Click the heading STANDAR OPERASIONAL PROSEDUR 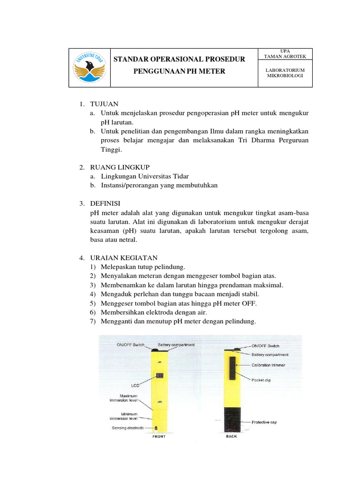tap(180, 59)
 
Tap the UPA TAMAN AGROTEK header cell tap(285, 53)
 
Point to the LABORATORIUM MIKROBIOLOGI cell tap(285, 73)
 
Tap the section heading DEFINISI tap(105, 203)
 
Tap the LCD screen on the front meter tap(160, 376)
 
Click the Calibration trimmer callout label tap(268, 365)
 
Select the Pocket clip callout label tap(261, 380)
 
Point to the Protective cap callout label tap(264, 422)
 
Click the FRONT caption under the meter tap(158, 437)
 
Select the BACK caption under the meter tap(231, 436)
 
